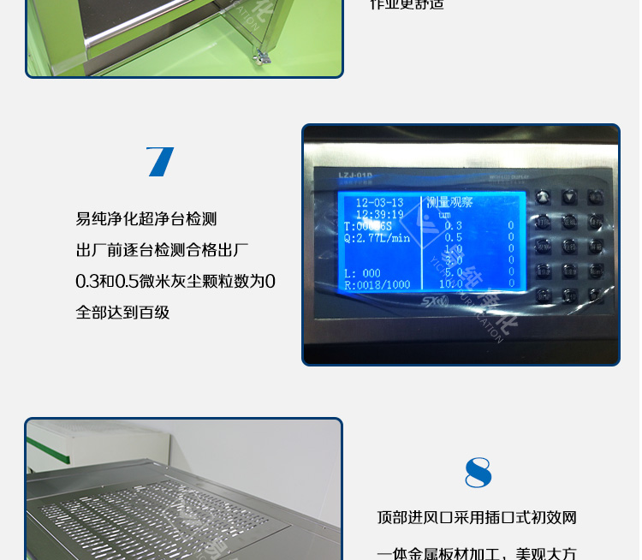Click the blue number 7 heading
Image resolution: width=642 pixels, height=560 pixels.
(160, 162)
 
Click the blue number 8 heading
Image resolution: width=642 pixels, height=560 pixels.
(478, 473)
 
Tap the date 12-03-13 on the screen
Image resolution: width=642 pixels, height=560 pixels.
(379, 203)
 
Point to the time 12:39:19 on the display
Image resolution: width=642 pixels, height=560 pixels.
(379, 214)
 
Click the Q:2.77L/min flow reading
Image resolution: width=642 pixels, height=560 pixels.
(377, 238)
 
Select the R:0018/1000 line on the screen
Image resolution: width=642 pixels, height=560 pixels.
(377, 284)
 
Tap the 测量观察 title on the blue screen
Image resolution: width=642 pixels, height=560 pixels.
(449, 203)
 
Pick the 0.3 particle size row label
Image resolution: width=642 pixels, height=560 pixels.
(453, 226)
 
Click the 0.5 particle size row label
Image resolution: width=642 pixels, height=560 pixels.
(453, 237)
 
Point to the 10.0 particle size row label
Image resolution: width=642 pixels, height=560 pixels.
(451, 283)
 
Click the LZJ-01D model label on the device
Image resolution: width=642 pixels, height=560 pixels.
(351, 176)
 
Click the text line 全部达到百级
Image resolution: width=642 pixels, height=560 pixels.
(122, 313)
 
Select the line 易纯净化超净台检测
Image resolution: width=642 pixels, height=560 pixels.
(146, 219)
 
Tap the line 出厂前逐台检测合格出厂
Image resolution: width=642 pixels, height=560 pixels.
(162, 251)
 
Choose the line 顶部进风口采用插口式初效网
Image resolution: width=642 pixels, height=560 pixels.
(477, 518)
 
